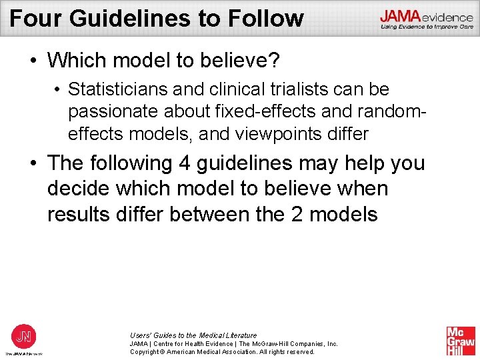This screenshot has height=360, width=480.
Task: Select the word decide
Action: pos(78,189)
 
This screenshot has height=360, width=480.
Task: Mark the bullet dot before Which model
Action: pos(33,61)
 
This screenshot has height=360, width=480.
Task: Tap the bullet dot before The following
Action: pos(33,164)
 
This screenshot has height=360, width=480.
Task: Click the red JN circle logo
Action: pos(23,335)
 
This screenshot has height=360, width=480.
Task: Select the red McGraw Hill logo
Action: pos(460,341)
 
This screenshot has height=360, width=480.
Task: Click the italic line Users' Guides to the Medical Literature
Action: pos(193,335)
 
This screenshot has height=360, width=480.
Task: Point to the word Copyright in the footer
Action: pos(147,352)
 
